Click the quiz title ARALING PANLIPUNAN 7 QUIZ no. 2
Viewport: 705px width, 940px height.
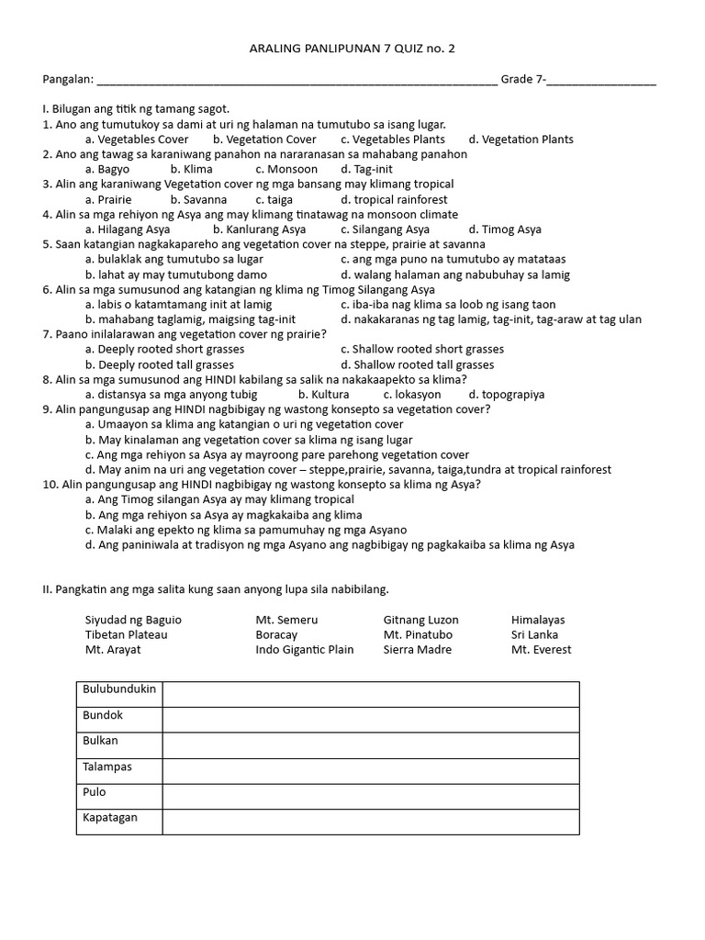[x=352, y=49]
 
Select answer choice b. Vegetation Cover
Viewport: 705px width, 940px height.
[x=264, y=140]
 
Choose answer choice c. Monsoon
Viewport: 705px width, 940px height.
[x=286, y=169]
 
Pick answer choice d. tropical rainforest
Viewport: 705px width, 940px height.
[x=394, y=199]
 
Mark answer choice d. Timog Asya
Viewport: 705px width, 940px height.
[x=505, y=229]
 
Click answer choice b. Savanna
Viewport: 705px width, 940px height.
[x=198, y=199]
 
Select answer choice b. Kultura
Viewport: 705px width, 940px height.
[x=323, y=395]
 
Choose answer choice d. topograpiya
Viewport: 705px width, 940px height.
[x=507, y=395]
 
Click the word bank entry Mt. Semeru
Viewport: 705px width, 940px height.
[x=286, y=620]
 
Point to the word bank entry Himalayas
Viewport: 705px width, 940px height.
[x=538, y=620]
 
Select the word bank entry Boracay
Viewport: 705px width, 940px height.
[x=279, y=634]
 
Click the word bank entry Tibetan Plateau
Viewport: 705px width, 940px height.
[x=127, y=634]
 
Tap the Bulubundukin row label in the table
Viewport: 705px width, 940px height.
[x=120, y=689]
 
